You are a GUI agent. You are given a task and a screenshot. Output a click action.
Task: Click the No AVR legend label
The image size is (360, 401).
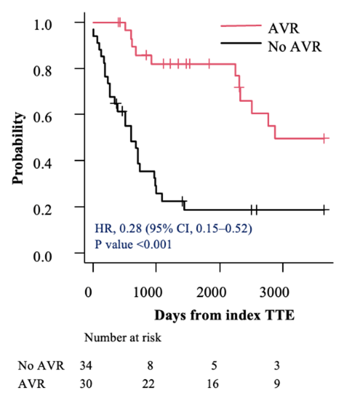tap(296, 46)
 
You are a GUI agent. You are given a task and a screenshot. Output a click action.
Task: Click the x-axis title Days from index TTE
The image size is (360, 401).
tap(224, 315)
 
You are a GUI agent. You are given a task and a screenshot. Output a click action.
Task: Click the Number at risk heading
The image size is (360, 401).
tap(122, 338)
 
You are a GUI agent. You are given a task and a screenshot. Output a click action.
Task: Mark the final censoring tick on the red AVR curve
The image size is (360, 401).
tap(324, 138)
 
